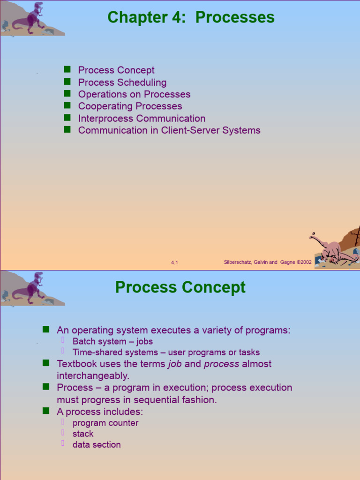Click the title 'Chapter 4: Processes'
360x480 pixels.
[x=191, y=17]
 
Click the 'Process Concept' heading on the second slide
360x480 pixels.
[x=180, y=287]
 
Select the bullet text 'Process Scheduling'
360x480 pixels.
[x=122, y=82]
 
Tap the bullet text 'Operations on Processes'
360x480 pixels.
[x=134, y=94]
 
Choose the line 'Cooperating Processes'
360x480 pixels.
[x=130, y=106]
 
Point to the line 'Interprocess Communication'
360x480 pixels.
[x=142, y=119]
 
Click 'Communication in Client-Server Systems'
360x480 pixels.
[x=169, y=130]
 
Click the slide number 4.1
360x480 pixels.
[x=174, y=263]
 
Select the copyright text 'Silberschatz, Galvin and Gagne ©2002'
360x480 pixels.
[x=268, y=262]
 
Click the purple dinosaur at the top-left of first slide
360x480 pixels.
[x=32, y=18]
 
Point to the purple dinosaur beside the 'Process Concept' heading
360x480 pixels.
[x=32, y=288]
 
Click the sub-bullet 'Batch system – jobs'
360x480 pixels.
[x=112, y=341]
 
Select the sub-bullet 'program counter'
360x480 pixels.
[x=105, y=423]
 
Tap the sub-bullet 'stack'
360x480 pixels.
[x=83, y=434]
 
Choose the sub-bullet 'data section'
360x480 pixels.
[x=97, y=445]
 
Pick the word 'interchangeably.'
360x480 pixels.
[x=93, y=376]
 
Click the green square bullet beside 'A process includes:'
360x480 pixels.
[x=46, y=411]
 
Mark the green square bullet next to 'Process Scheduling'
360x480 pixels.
[x=67, y=82]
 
